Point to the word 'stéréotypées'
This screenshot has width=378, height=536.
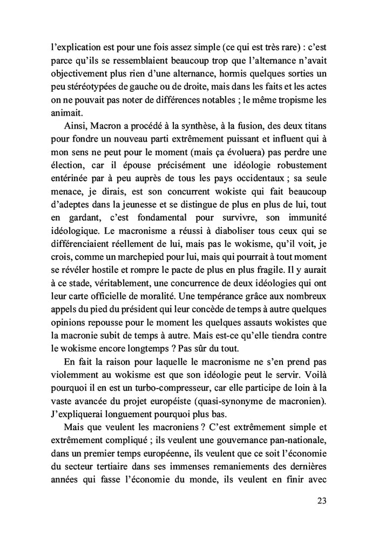[x=96, y=86]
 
